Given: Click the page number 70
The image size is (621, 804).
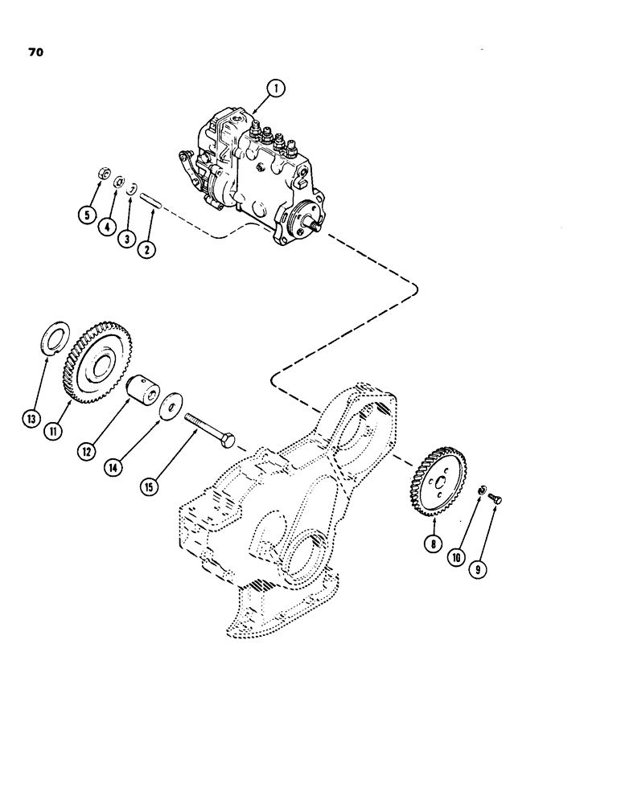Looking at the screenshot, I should (x=33, y=54).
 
